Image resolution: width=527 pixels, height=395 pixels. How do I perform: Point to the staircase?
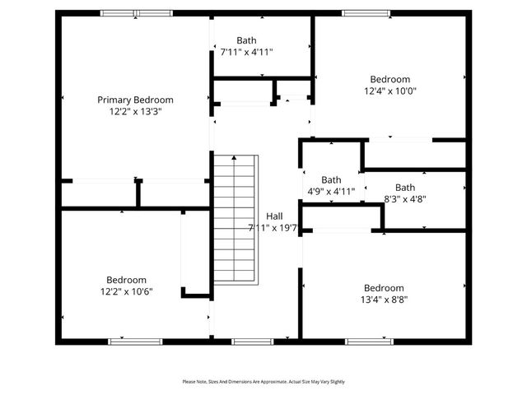click(236, 220)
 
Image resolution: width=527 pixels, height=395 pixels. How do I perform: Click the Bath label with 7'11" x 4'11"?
click(246, 39)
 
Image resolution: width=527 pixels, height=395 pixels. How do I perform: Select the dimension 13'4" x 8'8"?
click(385, 300)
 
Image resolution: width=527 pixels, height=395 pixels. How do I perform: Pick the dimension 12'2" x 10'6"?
click(126, 291)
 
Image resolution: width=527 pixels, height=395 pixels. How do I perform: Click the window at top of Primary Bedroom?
click(137, 13)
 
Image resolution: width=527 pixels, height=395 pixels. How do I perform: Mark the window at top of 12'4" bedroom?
click(367, 13)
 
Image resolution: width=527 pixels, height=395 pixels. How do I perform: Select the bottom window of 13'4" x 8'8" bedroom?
click(369, 341)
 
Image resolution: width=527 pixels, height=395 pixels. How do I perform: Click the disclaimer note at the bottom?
click(263, 382)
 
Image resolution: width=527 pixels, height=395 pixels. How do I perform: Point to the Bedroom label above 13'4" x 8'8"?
click(385, 288)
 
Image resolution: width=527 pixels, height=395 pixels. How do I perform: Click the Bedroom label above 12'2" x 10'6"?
click(126, 280)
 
